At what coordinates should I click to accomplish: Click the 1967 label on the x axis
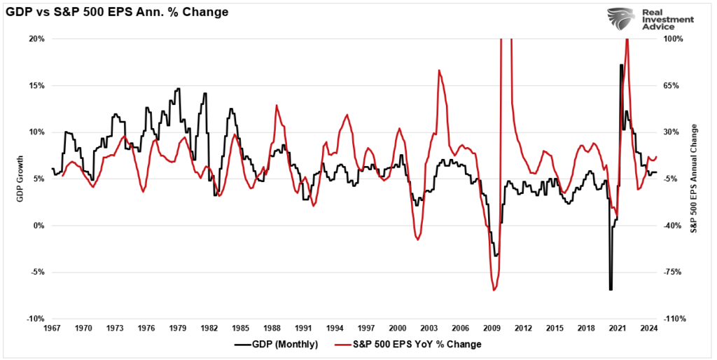52,328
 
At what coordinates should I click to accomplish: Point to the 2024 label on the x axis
648,328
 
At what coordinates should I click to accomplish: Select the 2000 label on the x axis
397,328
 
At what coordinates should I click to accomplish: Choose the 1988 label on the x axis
272,328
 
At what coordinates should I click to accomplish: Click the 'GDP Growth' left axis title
20,179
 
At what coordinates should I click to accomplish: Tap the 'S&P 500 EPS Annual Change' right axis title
695,179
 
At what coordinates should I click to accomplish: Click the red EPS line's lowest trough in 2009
494,290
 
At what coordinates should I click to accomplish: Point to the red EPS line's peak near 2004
439,70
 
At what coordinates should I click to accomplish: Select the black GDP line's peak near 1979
178,89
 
